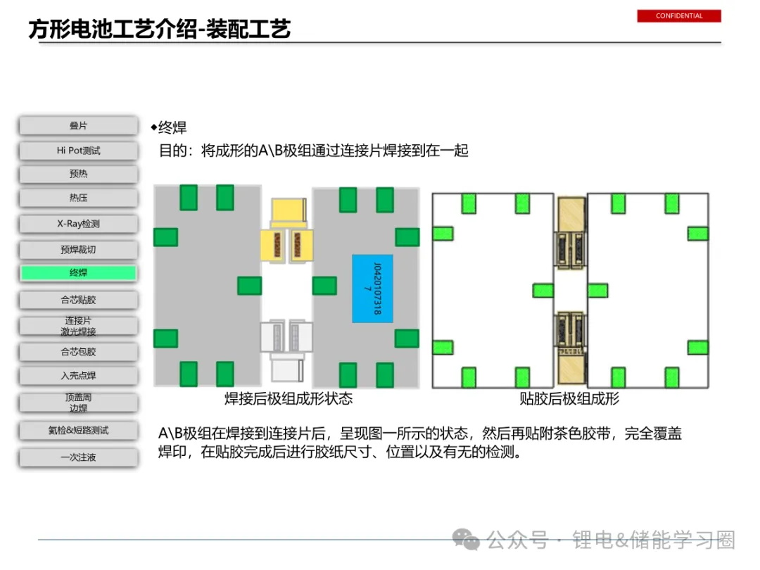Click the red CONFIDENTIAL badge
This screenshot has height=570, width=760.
[679, 15]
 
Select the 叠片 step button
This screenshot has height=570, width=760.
[78, 126]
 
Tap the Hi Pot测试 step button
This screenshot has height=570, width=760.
[78, 151]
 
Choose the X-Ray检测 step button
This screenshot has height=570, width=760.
[78, 224]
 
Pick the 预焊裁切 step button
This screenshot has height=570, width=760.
[78, 250]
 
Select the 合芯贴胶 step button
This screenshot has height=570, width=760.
[78, 300]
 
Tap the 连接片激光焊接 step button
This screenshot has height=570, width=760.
[78, 326]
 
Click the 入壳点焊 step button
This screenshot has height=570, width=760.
[78, 376]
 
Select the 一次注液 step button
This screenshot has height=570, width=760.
[78, 457]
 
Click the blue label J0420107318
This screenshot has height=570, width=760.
[372, 289]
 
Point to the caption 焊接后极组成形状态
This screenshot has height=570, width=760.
[288, 399]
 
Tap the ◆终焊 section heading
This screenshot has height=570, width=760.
[169, 127]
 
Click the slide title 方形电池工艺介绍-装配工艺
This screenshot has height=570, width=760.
[160, 30]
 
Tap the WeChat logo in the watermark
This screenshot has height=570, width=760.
[467, 539]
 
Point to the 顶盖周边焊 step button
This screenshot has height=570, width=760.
[78, 403]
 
